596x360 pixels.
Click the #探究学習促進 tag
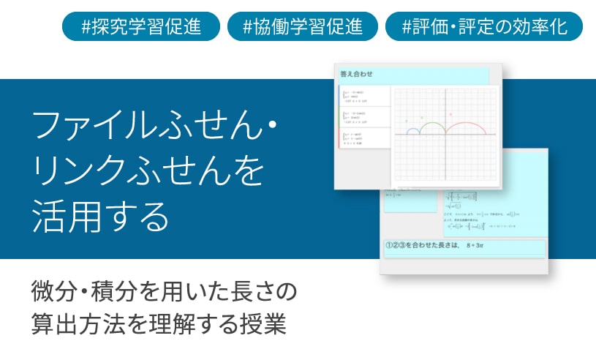click(x=141, y=27)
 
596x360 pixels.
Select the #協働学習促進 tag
click(x=303, y=27)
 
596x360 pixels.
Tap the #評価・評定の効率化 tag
click(x=484, y=27)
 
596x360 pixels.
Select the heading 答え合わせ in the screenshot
click(x=357, y=74)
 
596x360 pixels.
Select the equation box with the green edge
click(x=363, y=118)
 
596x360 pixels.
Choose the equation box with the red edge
click(x=363, y=138)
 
